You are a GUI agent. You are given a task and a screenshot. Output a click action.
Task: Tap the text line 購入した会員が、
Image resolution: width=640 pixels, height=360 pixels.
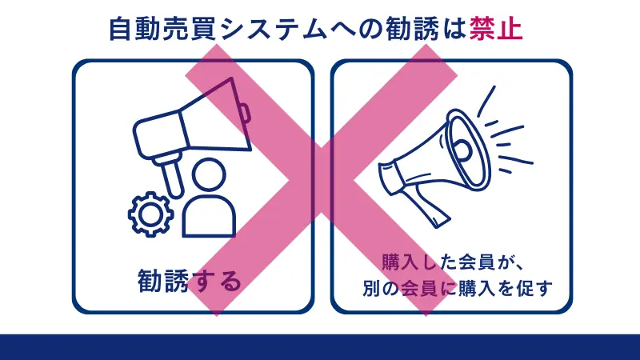pyautogui.click(x=451, y=261)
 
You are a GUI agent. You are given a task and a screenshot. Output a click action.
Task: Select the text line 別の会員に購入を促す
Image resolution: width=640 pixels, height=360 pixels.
pyautogui.click(x=451, y=286)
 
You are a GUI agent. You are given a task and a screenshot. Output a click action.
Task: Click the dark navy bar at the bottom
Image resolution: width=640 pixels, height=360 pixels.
pyautogui.click(x=320, y=346)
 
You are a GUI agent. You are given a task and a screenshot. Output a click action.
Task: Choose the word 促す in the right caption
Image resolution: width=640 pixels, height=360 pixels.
pyautogui.click(x=535, y=286)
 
